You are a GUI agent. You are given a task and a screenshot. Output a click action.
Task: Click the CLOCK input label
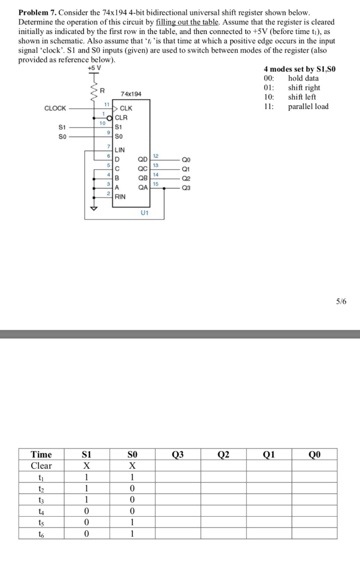55,108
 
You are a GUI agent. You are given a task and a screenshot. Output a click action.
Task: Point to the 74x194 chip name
131,94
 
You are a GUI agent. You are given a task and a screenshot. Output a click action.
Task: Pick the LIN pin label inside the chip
119,150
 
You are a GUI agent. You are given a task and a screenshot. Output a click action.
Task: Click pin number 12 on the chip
156,156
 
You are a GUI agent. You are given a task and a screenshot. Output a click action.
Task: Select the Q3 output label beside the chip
186,188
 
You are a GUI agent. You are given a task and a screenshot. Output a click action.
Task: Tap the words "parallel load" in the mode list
308,106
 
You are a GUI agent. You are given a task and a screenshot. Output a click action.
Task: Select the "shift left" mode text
302,97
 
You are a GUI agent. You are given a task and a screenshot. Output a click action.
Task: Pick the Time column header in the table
42,454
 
